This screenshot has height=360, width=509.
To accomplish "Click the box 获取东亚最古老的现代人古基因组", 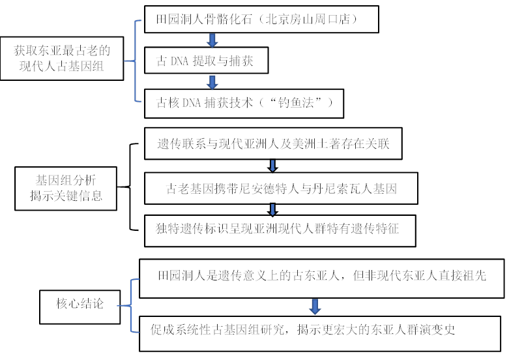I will pyautogui.click(x=61, y=58).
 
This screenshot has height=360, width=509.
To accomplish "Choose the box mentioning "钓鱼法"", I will pyautogui.click(x=240, y=103).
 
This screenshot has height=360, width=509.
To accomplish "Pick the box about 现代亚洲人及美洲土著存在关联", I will pyautogui.click(x=273, y=143).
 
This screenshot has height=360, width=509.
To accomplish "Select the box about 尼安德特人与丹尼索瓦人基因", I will pyautogui.click(x=281, y=189).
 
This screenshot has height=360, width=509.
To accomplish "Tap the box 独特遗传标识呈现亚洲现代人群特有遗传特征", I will pyautogui.click(x=281, y=229).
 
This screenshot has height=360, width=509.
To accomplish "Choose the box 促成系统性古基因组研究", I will pyautogui.click(x=322, y=331).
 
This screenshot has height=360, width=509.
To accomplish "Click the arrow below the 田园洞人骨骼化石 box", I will pyautogui.click(x=212, y=40).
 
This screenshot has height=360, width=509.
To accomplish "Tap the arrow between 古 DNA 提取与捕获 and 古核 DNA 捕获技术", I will pyautogui.click(x=212, y=82).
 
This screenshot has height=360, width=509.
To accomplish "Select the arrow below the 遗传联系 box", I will pyautogui.click(x=273, y=166).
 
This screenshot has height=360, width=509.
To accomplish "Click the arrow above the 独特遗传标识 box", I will pyautogui.click(x=273, y=209).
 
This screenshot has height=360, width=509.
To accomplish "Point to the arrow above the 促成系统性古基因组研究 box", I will pyautogui.click(x=315, y=305).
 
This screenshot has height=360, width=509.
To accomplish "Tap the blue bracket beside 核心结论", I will pyautogui.click(x=133, y=303).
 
